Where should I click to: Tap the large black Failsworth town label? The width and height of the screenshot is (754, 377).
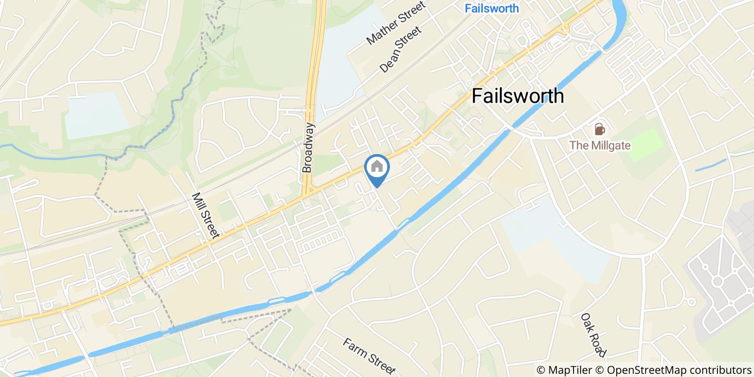pyautogui.click(x=518, y=96)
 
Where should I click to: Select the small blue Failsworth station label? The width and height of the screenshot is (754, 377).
pyautogui.click(x=492, y=8)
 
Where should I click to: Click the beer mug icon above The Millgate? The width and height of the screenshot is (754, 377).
pyautogui.click(x=599, y=129)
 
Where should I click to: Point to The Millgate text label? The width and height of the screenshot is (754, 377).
pyautogui.click(x=600, y=145)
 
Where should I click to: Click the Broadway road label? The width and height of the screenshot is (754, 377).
pyautogui.click(x=308, y=147)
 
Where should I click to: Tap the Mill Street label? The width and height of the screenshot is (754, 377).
pyautogui.click(x=206, y=215)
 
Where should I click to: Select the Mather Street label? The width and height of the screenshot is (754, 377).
pyautogui.click(x=396, y=22)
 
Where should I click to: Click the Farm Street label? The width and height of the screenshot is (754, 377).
pyautogui.click(x=369, y=356)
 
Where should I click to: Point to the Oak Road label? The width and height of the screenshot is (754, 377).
pyautogui.click(x=594, y=334)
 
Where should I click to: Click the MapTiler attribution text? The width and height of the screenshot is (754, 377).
pyautogui.click(x=571, y=370)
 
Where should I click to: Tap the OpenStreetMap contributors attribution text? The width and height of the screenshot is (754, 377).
pyautogui.click(x=679, y=370)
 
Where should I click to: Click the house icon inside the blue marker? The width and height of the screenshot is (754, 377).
pyautogui.click(x=377, y=166)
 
